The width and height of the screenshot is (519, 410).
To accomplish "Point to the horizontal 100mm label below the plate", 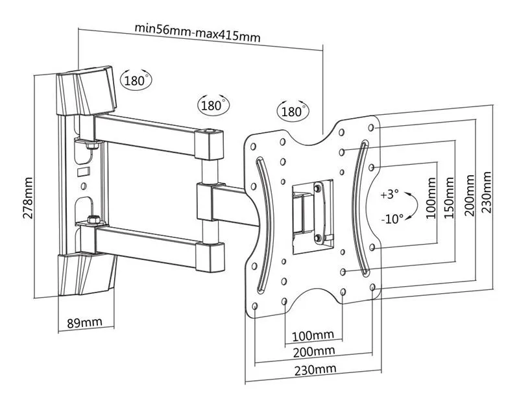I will [313, 335].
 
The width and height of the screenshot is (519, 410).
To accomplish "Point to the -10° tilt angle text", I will [391, 218].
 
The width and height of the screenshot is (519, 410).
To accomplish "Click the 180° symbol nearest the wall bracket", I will [135, 81].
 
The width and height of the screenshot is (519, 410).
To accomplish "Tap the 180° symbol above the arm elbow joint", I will [211, 104].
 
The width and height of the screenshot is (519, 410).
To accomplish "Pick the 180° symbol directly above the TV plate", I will [293, 111].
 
